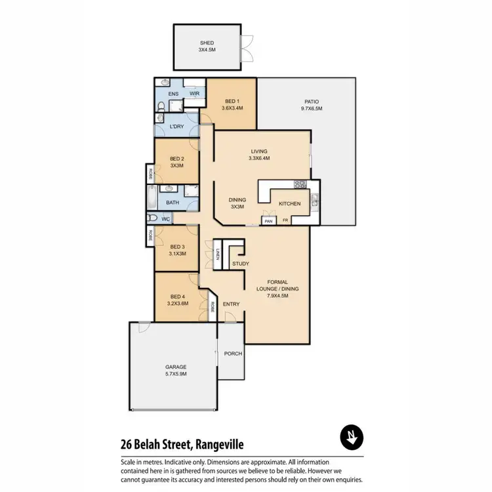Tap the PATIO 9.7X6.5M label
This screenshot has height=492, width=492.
coord(311,105)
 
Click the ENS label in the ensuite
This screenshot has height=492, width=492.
coord(173,94)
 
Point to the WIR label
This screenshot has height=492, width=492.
coord(194,94)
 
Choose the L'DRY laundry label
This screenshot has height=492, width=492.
coord(176,126)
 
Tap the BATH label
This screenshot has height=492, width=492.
coord(173,203)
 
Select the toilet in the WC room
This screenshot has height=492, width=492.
coord(152,218)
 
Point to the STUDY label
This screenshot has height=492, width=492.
coord(240,264)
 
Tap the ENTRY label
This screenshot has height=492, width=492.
coord(231,304)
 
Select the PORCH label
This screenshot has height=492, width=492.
coord(233,354)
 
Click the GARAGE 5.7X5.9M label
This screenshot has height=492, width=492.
coord(176,370)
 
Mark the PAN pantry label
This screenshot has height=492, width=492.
coord(268,221)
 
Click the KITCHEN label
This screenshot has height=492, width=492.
coord(289,204)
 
